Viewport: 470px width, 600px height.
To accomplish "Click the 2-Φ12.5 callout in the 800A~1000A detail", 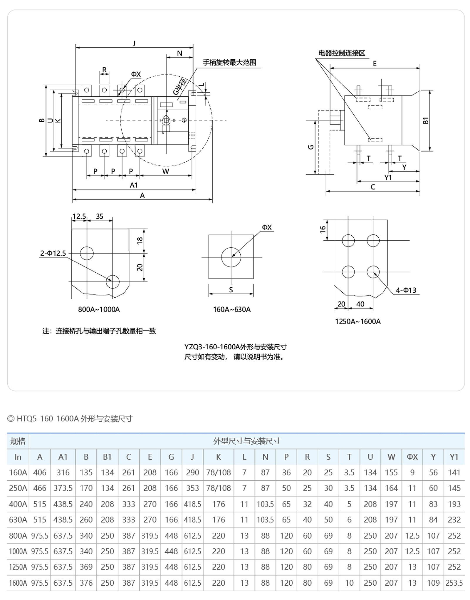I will (53, 253).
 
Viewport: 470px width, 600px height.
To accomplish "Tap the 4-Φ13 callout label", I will (406, 290).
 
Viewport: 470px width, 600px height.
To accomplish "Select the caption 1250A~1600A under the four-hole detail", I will (358, 321).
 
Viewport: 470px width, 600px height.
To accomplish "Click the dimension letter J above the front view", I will (134, 43).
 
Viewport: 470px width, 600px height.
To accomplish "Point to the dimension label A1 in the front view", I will (134, 185).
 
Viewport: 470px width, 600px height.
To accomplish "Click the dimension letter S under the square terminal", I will (231, 290).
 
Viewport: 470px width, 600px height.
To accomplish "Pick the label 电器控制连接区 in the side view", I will (342, 53).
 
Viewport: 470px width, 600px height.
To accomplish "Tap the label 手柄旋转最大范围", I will (229, 63).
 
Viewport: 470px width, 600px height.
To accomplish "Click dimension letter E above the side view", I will (375, 63).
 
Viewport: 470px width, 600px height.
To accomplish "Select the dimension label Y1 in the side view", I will (388, 177).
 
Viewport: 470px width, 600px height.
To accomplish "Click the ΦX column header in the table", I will (412, 457).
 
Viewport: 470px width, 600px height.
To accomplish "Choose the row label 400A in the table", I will (18, 504).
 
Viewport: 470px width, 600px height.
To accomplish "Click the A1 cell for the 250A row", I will (63, 488).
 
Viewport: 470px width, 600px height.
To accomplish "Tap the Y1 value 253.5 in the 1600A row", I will (454, 583).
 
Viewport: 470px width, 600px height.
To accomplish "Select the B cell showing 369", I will (86, 567).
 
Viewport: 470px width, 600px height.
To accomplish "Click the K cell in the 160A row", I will (218, 472).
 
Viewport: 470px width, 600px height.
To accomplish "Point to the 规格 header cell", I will (18, 441).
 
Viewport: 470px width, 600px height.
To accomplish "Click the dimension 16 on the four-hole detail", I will (323, 229).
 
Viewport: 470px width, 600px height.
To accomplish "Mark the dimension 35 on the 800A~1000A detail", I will (100, 216).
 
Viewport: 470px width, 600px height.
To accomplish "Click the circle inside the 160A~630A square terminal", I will (231, 257).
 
